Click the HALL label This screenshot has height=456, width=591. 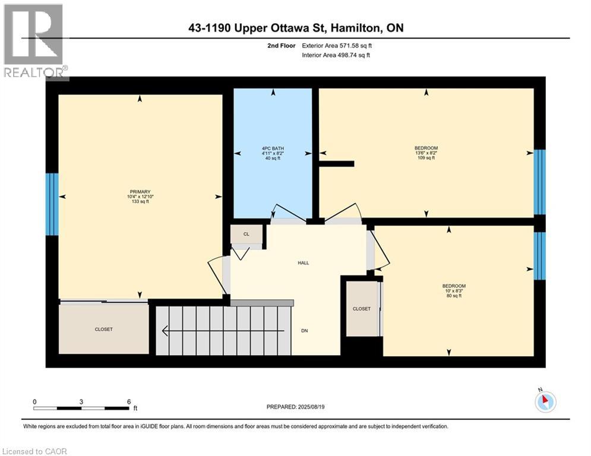[x=304, y=262]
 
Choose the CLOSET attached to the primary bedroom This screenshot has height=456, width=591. [x=103, y=329]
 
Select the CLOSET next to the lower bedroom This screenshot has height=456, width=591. [x=361, y=309]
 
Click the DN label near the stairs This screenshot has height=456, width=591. [x=304, y=331]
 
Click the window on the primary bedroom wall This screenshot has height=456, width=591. [x=52, y=204]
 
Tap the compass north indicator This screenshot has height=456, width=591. [x=545, y=401]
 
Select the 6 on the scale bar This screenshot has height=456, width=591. [x=129, y=401]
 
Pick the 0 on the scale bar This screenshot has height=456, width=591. [x=34, y=401]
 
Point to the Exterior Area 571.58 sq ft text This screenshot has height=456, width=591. [x=337, y=45]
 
